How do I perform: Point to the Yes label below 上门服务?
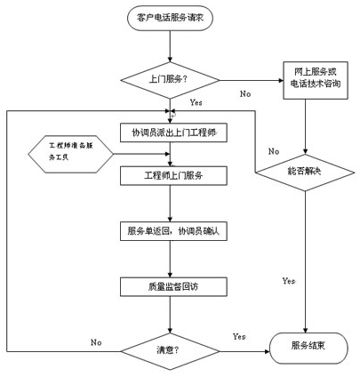pos(196,103)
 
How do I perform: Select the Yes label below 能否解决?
pos(288,281)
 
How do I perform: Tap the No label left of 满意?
pos(96,342)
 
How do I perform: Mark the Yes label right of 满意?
pos(238,337)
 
